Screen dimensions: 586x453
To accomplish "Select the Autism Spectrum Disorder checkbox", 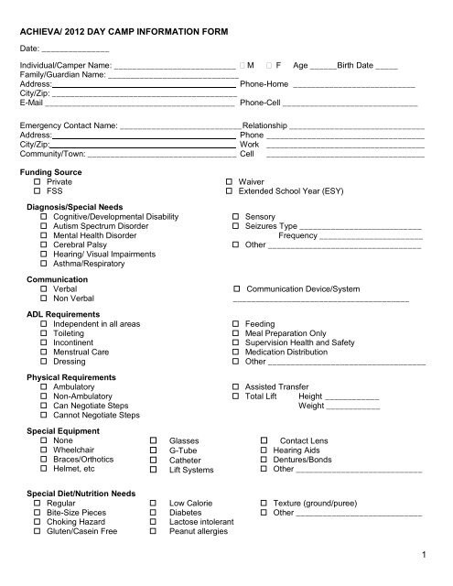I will [43, 224].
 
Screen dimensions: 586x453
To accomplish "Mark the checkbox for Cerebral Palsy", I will [43, 244].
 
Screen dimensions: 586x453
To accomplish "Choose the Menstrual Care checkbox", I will [43, 351].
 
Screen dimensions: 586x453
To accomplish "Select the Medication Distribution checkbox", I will [236, 352].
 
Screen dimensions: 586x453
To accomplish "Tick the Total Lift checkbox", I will [236, 397].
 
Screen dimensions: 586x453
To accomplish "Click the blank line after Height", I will [352, 398].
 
